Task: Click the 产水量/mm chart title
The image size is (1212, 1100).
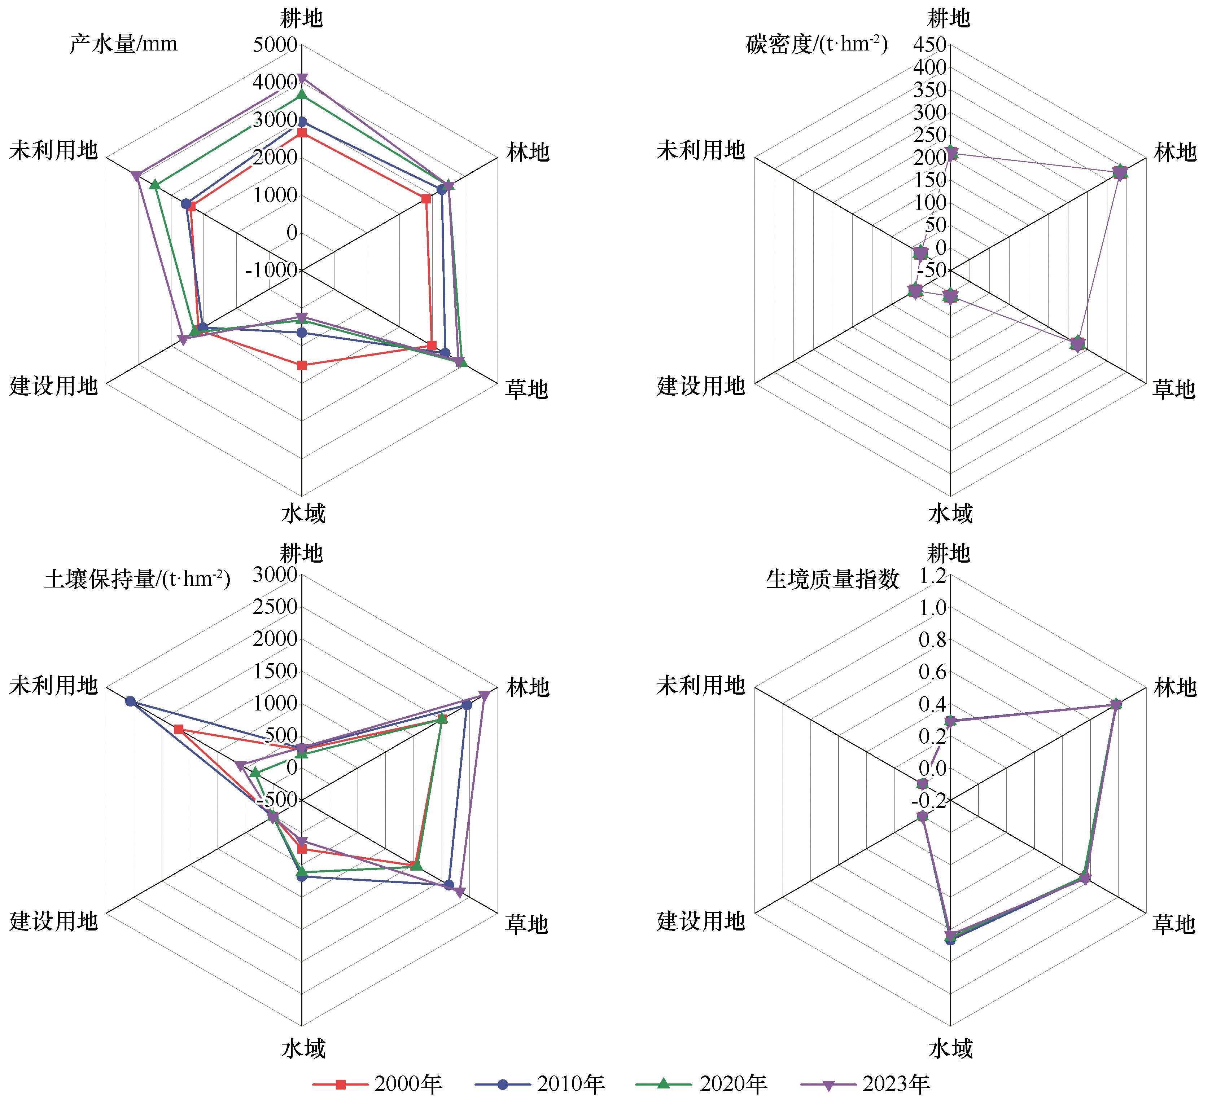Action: [123, 44]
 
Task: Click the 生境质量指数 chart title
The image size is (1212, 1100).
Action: [833, 578]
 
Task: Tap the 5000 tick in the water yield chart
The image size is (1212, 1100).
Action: [275, 44]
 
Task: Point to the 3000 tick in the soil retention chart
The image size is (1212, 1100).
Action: [275, 575]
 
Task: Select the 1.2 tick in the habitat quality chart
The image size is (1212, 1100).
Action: [932, 577]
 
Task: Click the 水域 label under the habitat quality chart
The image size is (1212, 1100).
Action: [950, 1048]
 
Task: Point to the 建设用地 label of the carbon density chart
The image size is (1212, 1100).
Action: [700, 386]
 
